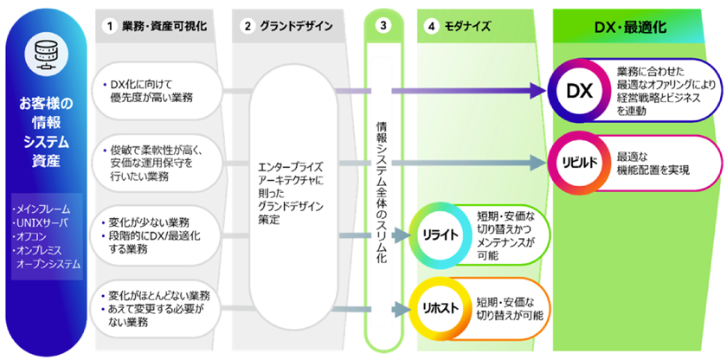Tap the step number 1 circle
coord(110,27)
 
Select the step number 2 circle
coord(248,27)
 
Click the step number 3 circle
coord(383,27)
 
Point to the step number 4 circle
coord(432,27)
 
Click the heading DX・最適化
coord(634,27)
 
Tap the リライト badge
coord(441,235)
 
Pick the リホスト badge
coord(441,307)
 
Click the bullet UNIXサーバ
coord(39,222)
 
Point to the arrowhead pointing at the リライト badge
coord(402,235)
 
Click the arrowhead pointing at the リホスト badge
coord(402,307)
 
